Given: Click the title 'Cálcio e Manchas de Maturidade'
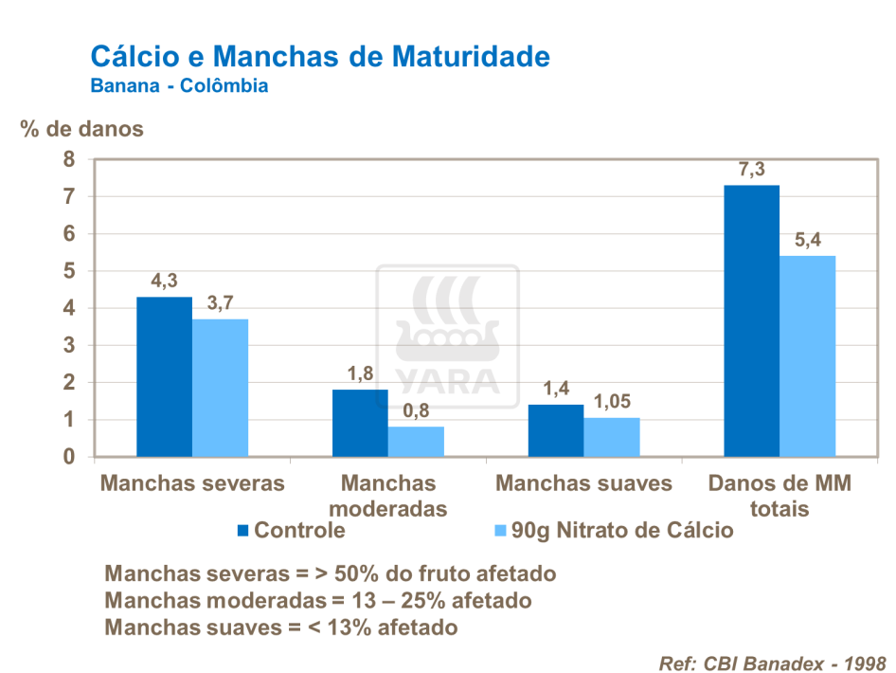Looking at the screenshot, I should point(319,56).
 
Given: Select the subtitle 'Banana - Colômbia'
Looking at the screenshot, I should point(179,86).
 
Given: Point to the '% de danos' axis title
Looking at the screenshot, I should point(82,129).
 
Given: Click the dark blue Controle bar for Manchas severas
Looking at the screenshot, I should point(164,376).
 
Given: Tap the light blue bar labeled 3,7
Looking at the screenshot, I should point(220,388).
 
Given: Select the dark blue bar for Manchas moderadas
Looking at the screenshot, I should point(360,423).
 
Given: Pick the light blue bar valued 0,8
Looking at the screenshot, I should point(416,442).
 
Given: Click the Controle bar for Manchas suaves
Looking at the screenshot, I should point(556,430).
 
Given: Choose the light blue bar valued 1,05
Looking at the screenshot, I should point(612,437).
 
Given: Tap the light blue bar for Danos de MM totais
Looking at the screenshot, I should point(808,356).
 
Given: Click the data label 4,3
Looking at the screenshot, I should point(164,282).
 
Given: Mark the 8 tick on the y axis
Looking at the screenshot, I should point(68,159).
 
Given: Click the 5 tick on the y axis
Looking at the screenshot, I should point(68,271).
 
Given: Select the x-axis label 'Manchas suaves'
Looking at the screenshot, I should point(583,483).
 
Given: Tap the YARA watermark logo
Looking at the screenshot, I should point(448,336).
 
